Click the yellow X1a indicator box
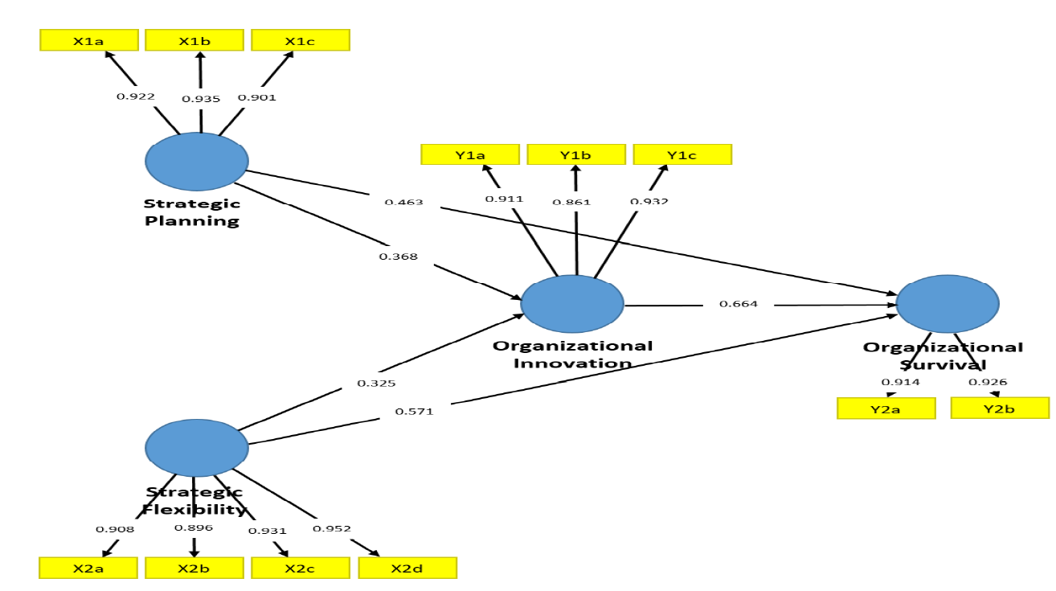pyautogui.click(x=89, y=40)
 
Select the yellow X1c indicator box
pyautogui.click(x=301, y=40)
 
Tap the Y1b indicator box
pyautogui.click(x=575, y=154)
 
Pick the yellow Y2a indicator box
pyautogui.click(x=886, y=408)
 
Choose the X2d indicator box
pyautogui.click(x=407, y=568)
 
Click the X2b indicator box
pyautogui.click(x=194, y=568)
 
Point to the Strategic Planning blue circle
pyautogui.click(x=197, y=162)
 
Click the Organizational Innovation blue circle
pyautogui.click(x=572, y=304)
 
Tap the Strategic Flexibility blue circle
pyautogui.click(x=197, y=447)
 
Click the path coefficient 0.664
pyautogui.click(x=738, y=304)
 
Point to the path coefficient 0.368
pyautogui.click(x=398, y=257)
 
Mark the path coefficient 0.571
pyautogui.click(x=414, y=411)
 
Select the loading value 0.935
pyautogui.click(x=200, y=98)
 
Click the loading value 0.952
pyautogui.click(x=331, y=528)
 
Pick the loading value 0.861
pyautogui.click(x=571, y=202)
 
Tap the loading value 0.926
pyautogui.click(x=988, y=382)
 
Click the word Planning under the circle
pyautogui.click(x=192, y=220)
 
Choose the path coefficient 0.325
pyautogui.click(x=376, y=383)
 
